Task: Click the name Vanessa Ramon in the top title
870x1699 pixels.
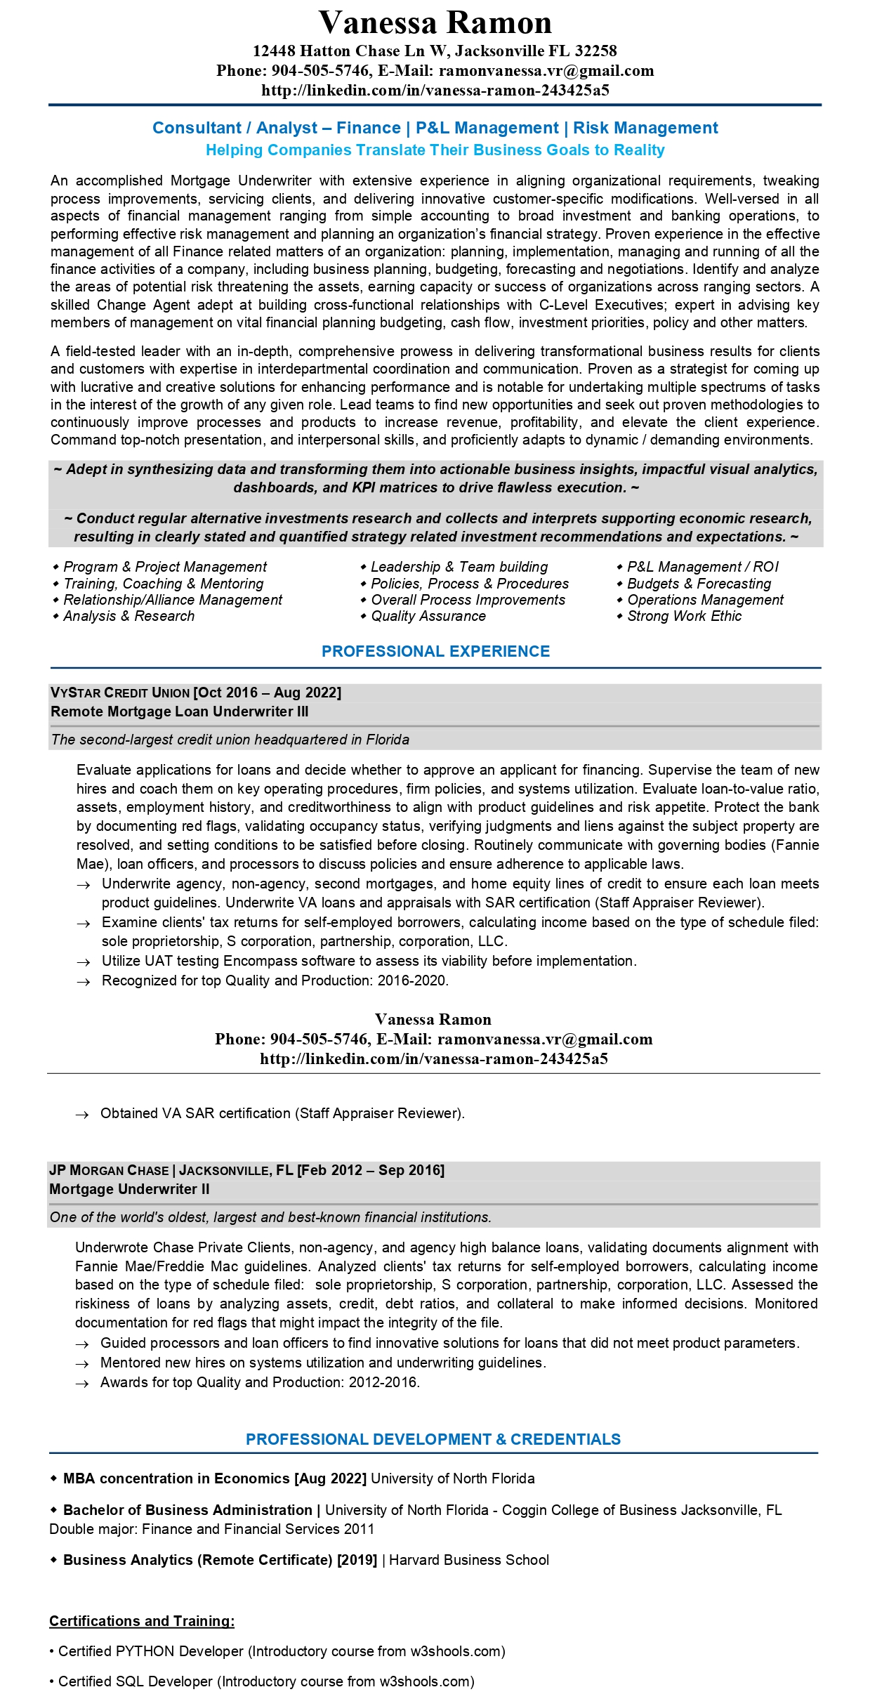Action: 435,23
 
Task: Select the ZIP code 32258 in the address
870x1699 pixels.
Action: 595,51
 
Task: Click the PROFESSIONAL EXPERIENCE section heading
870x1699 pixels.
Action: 435,651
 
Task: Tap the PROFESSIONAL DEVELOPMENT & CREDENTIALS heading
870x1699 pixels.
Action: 433,1439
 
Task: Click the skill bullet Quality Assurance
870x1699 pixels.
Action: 428,616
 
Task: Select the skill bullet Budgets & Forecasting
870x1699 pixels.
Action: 699,584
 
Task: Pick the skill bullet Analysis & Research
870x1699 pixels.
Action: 128,616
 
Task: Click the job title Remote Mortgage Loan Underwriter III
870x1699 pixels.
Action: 180,711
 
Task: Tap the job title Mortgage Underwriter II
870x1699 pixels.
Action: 129,1189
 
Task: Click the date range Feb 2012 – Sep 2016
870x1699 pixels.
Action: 371,1170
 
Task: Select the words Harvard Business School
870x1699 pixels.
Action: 469,1560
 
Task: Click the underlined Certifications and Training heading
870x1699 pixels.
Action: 142,1621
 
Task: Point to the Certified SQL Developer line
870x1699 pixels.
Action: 265,1681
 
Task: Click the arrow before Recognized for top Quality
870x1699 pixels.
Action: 84,982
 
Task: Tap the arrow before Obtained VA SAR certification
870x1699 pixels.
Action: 82,1115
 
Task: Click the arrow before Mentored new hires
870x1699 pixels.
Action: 82,1364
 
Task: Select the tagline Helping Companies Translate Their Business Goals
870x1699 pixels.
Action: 435,150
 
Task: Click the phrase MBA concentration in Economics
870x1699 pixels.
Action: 176,1478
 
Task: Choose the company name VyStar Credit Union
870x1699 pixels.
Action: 120,693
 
